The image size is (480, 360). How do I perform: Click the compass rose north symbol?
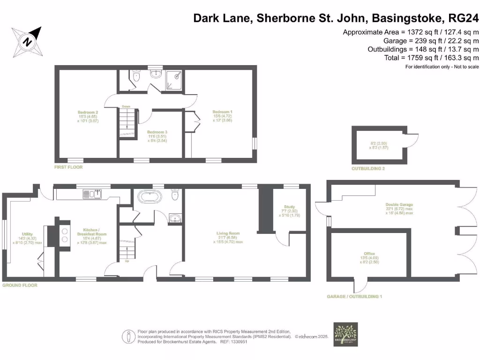point(28,42)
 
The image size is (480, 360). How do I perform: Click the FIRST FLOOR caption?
point(68,167)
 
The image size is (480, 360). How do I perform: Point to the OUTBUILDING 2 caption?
point(368,168)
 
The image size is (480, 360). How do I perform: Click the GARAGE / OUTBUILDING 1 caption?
point(355,297)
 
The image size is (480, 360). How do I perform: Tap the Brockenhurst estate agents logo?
point(345,334)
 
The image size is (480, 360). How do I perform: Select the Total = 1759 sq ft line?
point(430,58)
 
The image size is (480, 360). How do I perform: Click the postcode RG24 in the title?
point(464,19)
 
